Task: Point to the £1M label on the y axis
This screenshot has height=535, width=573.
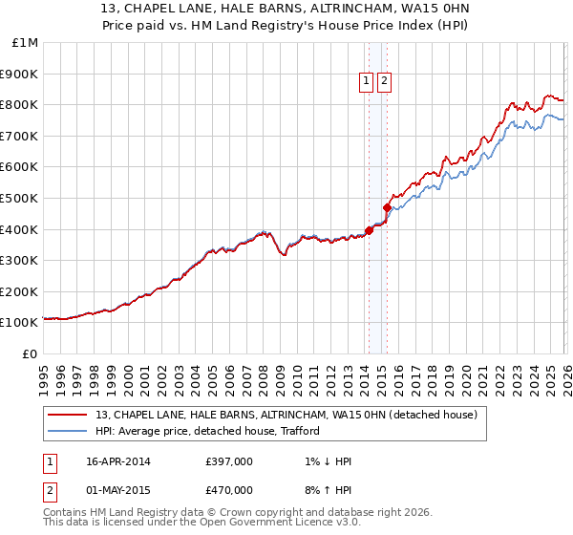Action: coord(26,42)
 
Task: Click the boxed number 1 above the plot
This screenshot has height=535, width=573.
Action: coord(366,82)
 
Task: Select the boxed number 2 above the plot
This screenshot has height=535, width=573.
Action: coord(384,82)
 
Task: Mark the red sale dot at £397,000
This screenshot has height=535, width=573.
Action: coord(369,229)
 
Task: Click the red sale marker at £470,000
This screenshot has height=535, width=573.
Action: coord(387,206)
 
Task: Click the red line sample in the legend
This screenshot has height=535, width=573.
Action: coord(69,415)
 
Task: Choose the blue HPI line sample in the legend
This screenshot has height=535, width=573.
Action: coord(69,431)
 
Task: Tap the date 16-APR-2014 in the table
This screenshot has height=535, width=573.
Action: coord(117,461)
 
